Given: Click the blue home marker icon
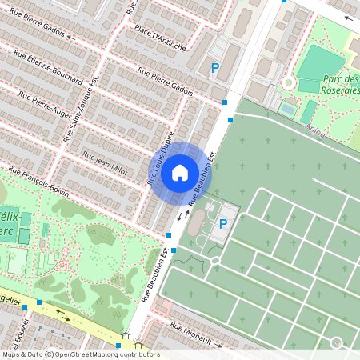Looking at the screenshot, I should [x=180, y=172].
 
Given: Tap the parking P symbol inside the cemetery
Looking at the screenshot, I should [x=223, y=224].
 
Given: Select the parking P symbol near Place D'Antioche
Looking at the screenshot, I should [x=214, y=69].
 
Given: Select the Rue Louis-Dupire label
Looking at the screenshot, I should [x=161, y=158].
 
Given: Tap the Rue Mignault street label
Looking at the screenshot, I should [x=190, y=334].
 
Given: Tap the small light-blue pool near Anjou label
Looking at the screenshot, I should [x=288, y=106].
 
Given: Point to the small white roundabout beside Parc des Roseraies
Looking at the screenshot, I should [x=288, y=82].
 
